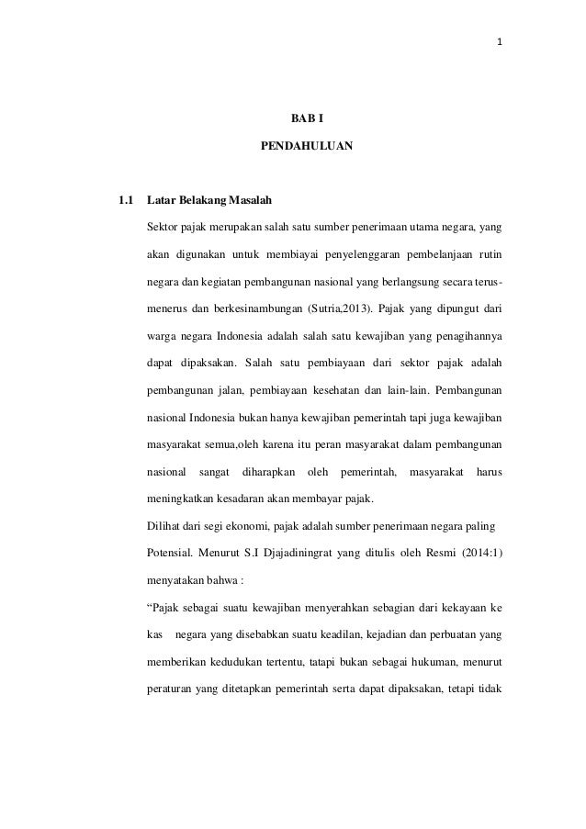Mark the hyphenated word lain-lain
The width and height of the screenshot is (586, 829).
(418, 389)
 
